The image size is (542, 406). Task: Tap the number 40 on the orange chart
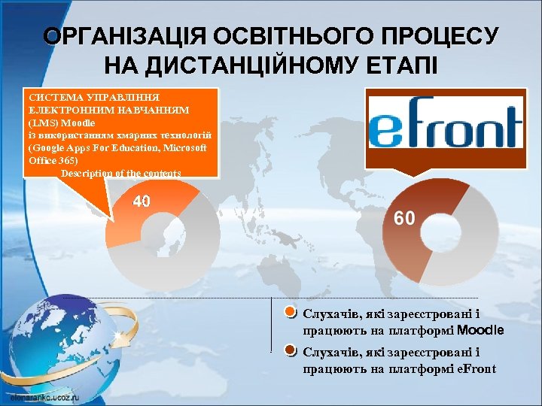(142, 201)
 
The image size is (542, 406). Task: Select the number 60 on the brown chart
(404, 218)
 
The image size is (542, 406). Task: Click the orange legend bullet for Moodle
(291, 313)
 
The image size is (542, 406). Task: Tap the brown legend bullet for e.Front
(291, 351)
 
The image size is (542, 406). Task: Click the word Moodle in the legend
(480, 330)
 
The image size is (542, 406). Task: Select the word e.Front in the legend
(476, 368)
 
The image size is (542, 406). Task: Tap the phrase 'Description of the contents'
(120, 174)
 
